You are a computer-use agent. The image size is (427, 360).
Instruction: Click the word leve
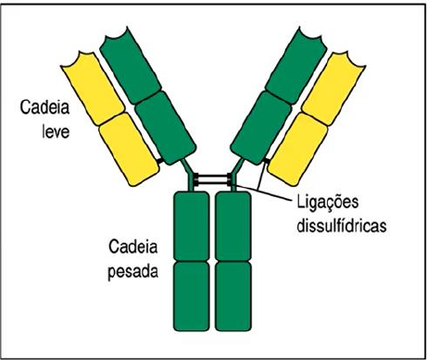56,131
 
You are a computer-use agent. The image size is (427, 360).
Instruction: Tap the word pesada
133,271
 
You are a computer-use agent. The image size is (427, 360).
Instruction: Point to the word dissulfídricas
342,226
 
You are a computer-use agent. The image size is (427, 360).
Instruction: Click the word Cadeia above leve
44,107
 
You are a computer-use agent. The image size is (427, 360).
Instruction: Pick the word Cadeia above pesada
133,247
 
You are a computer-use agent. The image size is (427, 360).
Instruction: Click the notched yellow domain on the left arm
93,89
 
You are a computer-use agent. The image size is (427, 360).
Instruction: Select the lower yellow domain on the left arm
129,149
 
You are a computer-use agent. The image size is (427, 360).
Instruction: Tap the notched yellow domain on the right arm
333,89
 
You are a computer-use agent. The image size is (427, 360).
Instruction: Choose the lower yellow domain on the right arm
297,149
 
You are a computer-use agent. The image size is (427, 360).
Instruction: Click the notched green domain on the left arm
131,66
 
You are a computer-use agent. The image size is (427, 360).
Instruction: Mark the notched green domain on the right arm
296,66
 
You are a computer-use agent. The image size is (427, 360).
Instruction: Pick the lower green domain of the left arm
166,128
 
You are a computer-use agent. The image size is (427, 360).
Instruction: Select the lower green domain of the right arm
261,128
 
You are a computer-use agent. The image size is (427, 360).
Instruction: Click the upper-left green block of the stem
192,226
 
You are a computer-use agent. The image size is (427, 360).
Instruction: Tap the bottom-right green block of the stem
233,296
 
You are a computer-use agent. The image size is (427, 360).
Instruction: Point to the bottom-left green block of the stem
192,296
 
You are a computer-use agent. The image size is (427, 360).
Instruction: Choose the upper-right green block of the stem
233,226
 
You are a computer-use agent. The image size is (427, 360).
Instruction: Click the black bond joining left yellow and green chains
160,160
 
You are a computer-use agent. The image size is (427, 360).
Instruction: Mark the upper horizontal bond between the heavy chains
213,177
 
